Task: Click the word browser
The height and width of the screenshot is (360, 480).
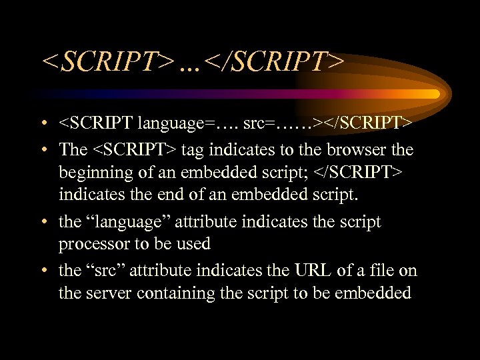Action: pyautogui.click(x=353, y=149)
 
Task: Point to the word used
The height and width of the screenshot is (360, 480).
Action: pyautogui.click(x=195, y=245)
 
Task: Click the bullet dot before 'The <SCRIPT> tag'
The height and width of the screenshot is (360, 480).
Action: pyautogui.click(x=44, y=150)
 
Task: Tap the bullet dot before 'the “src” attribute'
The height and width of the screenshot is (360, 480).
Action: pyautogui.click(x=44, y=270)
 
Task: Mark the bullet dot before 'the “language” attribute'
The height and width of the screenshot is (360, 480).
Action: pyautogui.click(x=44, y=222)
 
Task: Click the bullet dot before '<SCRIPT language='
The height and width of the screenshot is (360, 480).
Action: pyautogui.click(x=44, y=125)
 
